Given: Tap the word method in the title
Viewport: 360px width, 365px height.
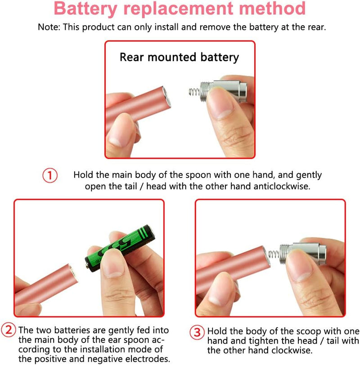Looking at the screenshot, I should point(275,9).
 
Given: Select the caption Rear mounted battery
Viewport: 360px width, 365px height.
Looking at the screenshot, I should point(179,57).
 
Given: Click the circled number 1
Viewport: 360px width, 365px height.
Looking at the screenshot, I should point(50,175).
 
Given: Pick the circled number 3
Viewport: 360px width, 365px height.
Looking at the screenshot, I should point(196,333).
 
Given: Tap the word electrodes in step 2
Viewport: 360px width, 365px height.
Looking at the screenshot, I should point(148,359).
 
